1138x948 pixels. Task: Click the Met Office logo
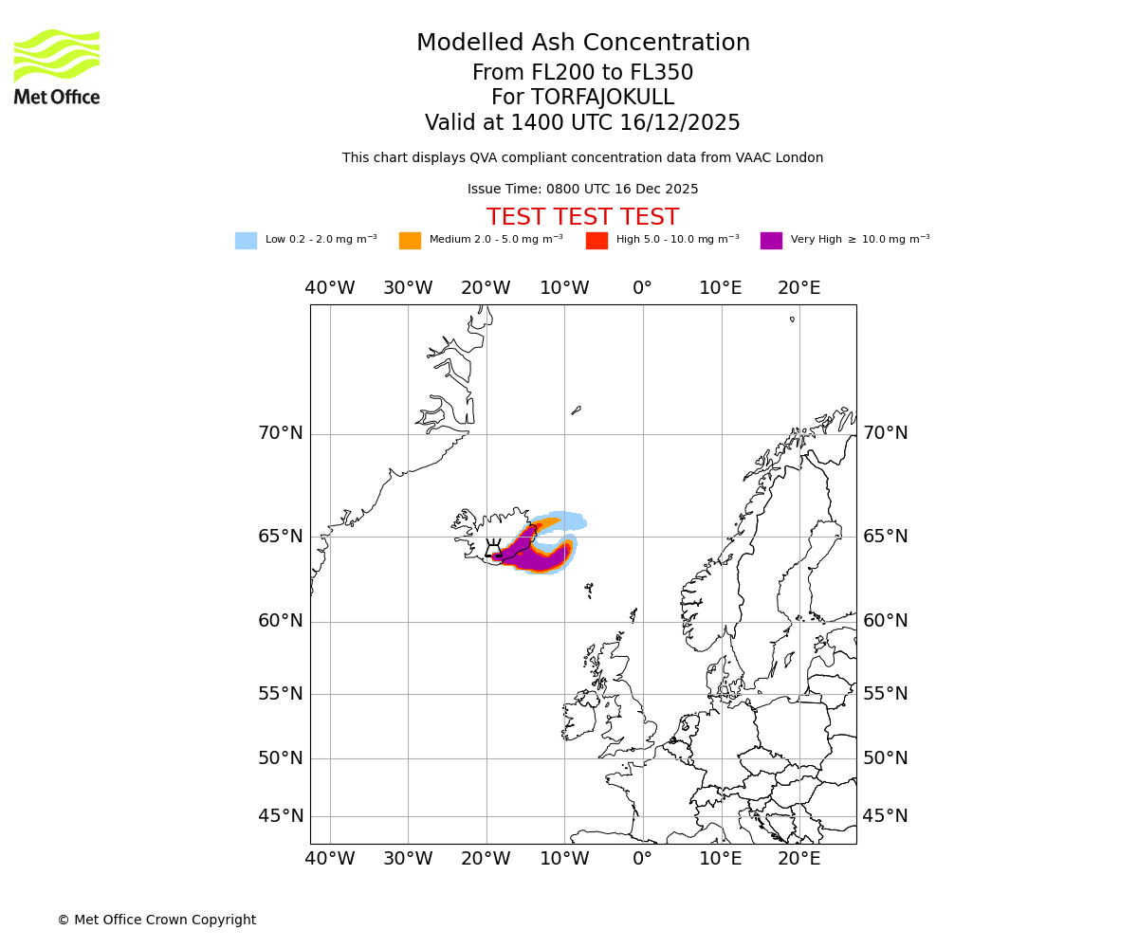[x=57, y=66]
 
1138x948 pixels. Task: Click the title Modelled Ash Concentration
[x=582, y=43]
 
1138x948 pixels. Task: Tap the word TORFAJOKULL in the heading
[x=603, y=98]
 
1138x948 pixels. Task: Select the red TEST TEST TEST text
[x=582, y=217]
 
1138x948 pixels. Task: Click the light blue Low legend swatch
[x=246, y=241]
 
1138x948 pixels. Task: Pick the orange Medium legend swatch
[x=410, y=241]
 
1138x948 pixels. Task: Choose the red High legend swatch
[x=597, y=241]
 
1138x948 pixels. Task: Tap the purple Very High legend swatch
[x=771, y=241]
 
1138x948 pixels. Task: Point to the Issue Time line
[x=582, y=190]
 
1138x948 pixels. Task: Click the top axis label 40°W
[x=330, y=288]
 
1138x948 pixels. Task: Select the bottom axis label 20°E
[x=799, y=859]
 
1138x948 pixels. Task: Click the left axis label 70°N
[x=281, y=433]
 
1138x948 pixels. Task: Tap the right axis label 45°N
[x=885, y=816]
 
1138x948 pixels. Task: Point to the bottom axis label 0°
[x=643, y=859]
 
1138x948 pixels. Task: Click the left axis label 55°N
[x=281, y=694]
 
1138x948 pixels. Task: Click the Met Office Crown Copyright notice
[x=156, y=920]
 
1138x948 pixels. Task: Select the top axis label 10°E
[x=721, y=288]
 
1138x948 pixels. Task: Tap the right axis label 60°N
[x=885, y=621]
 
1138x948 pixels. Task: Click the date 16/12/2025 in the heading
[x=680, y=123]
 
